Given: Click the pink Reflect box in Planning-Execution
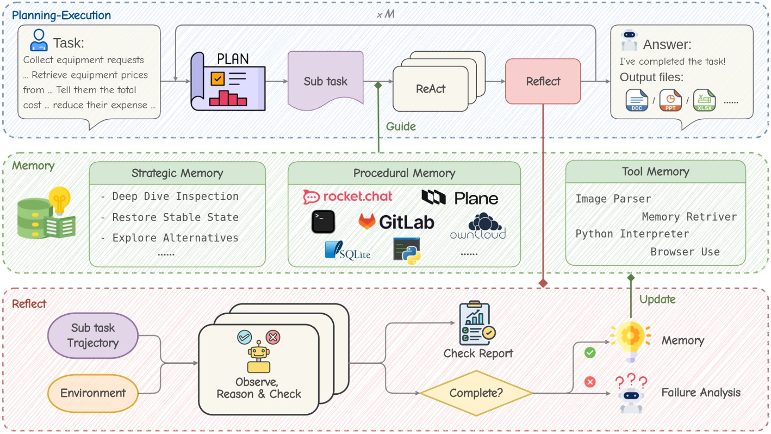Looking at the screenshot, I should [543, 81].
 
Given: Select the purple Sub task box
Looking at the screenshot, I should [325, 82].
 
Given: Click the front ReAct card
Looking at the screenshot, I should [431, 89].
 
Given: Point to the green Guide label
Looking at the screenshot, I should [401, 126].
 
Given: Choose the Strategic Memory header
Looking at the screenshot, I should [177, 173].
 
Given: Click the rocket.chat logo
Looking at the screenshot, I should [348, 197].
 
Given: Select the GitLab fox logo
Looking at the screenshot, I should [368, 222].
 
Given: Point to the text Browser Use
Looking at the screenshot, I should [685, 252].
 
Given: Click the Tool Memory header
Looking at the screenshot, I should [655, 172].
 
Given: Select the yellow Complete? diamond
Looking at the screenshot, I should [476, 393].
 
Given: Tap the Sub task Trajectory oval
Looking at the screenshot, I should [93, 335].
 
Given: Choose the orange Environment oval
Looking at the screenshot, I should [93, 393].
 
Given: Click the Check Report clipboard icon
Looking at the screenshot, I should [474, 324].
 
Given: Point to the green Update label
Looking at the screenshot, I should [657, 299].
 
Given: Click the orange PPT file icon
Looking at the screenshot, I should [670, 101].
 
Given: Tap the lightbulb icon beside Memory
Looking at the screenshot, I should [630, 340].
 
